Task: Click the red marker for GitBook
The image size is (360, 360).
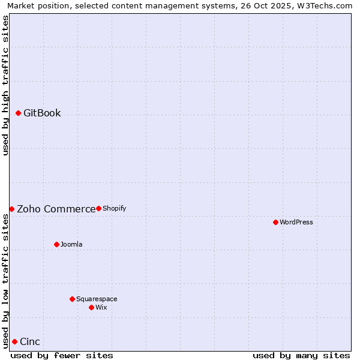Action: click(18, 113)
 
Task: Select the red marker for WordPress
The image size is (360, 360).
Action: click(275, 222)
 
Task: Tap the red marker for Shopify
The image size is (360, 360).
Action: click(98, 208)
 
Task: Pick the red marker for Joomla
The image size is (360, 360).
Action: click(56, 244)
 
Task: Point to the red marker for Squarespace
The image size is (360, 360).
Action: click(72, 299)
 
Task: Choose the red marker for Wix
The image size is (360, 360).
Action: click(91, 307)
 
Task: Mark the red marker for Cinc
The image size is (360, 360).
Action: click(14, 341)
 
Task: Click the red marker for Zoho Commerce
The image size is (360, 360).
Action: click(11, 209)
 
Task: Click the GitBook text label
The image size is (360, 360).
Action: click(42, 113)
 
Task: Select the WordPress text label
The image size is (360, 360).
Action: click(296, 222)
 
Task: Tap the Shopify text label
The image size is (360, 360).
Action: click(114, 208)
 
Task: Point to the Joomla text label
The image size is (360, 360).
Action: click(71, 244)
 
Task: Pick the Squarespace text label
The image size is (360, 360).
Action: click(97, 299)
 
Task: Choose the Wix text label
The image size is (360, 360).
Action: click(101, 307)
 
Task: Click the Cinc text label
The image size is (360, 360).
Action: click(30, 342)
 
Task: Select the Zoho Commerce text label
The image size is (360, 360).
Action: click(56, 209)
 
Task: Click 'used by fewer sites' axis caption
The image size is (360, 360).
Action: click(62, 355)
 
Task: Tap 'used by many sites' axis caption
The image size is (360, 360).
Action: click(301, 355)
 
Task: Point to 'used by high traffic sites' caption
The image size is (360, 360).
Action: click(5, 85)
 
